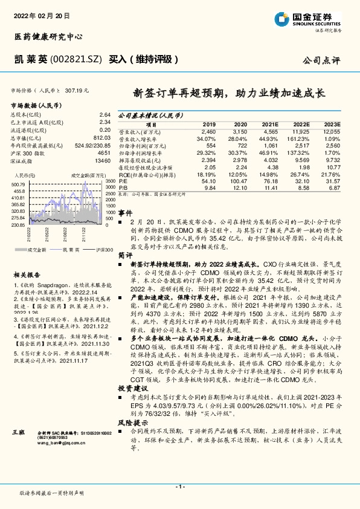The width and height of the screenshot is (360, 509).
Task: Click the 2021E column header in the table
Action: (271, 123)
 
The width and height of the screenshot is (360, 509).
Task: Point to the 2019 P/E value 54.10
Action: (207, 180)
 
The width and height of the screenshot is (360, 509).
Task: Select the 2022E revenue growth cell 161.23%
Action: (301, 139)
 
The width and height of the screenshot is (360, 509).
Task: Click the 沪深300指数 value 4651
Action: (104, 154)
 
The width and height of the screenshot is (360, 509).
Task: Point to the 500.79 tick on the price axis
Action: (18, 184)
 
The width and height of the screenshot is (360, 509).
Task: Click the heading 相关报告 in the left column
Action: (25, 274)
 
